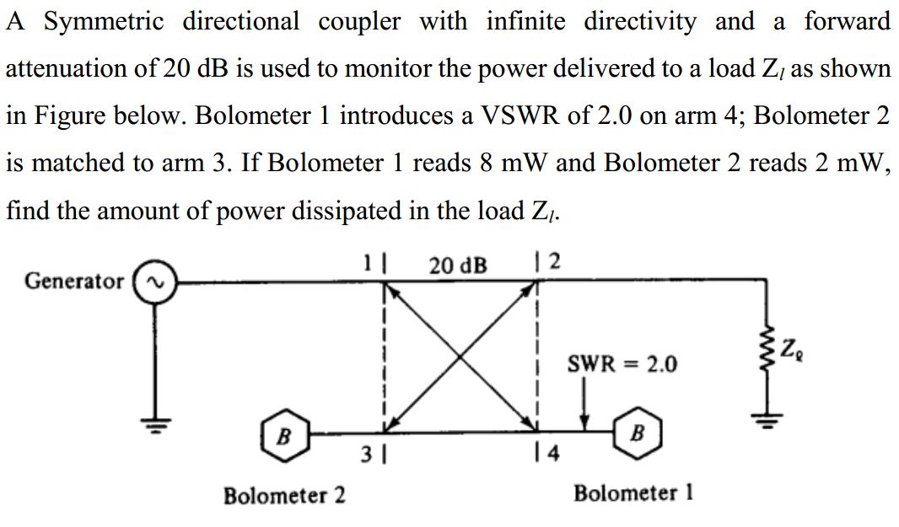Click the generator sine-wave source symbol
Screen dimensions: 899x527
(x=154, y=282)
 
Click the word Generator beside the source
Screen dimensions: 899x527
(x=74, y=281)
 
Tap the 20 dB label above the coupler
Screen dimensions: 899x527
(x=458, y=266)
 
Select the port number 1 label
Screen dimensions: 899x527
(x=368, y=263)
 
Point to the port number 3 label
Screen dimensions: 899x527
(x=366, y=454)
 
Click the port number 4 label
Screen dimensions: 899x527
(x=552, y=454)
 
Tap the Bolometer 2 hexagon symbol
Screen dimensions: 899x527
(x=285, y=435)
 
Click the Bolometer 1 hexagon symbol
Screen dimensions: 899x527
(x=638, y=433)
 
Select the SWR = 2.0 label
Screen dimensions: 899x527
(x=622, y=363)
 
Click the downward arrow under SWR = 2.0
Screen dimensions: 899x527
(x=584, y=404)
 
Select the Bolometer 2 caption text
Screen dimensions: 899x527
(x=284, y=496)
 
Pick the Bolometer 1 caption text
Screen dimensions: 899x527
(x=633, y=493)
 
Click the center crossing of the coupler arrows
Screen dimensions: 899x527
(x=460, y=358)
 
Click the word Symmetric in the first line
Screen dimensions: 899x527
(x=104, y=22)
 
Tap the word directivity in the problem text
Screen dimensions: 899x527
(x=640, y=22)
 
